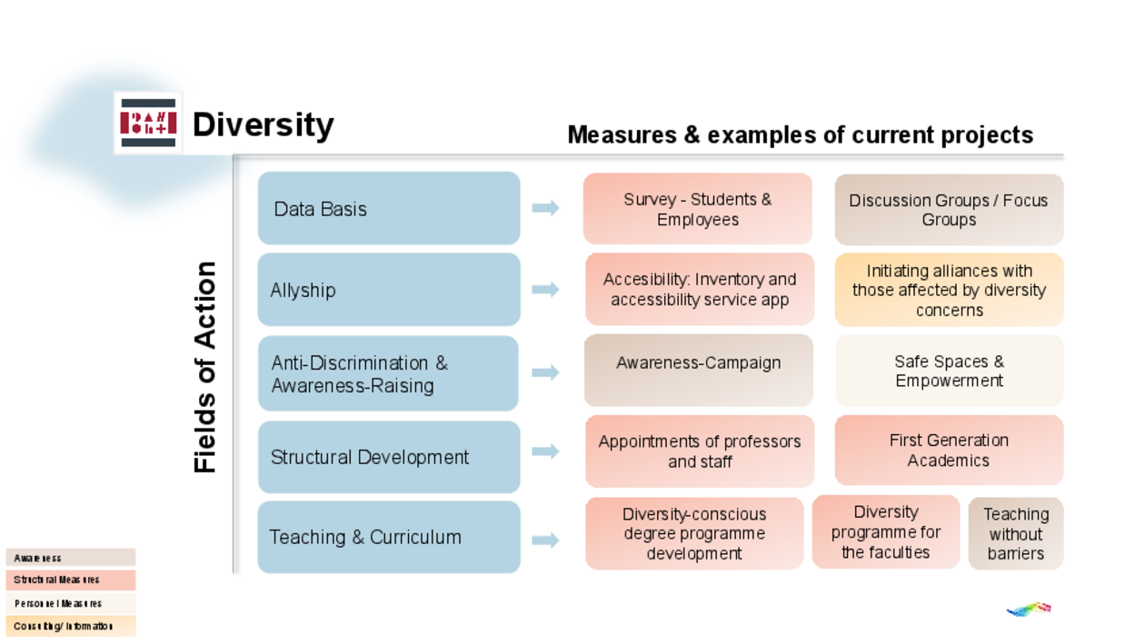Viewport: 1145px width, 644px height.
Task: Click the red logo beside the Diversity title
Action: point(148,123)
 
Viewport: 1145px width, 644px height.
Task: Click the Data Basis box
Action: point(389,208)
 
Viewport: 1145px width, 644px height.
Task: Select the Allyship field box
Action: point(389,290)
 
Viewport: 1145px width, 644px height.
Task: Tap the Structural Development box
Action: point(389,456)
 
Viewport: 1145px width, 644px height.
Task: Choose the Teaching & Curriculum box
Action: point(389,537)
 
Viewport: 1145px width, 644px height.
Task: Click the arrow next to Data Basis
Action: point(545,208)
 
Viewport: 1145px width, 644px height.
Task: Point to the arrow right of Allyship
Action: point(545,290)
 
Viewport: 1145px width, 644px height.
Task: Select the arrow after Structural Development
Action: point(545,451)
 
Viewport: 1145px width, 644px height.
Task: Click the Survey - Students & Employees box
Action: point(698,209)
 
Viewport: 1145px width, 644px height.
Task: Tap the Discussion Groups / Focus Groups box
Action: point(949,210)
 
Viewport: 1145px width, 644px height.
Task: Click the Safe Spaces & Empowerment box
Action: point(949,371)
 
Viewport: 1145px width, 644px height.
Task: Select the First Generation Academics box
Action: point(949,451)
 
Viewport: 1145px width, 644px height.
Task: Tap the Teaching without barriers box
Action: point(1016,533)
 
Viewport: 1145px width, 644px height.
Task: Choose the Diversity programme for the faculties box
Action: point(886,531)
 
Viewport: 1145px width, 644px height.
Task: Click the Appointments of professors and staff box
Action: point(700,451)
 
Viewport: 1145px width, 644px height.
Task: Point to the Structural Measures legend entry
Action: point(71,580)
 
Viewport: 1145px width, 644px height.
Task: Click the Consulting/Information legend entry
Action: point(71,626)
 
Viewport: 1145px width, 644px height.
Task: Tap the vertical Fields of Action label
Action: point(206,367)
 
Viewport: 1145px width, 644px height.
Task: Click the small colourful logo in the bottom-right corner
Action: point(1029,609)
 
